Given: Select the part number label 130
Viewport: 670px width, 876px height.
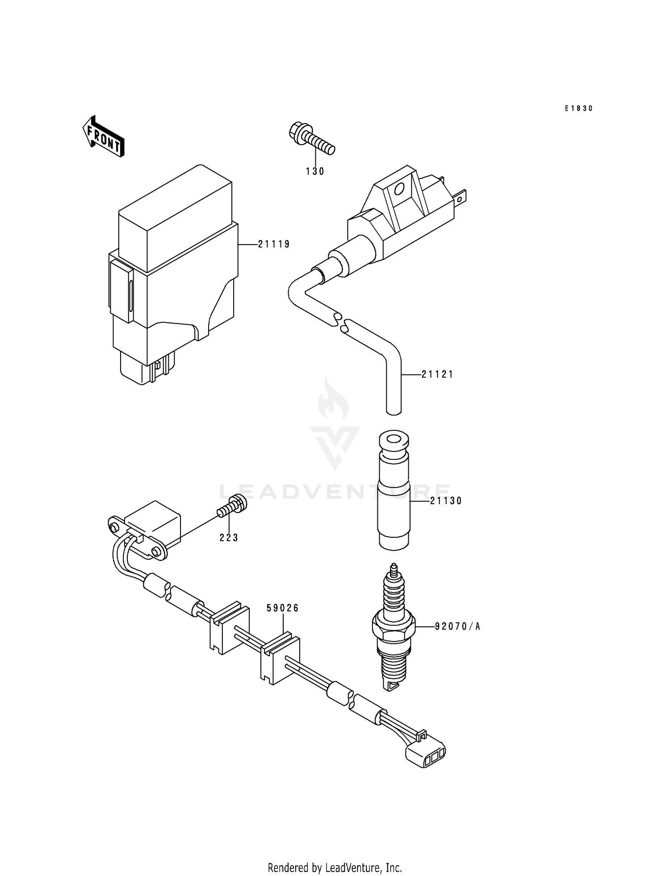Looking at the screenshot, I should tap(315, 171).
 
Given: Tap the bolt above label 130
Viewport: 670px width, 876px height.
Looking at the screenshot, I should tap(311, 139).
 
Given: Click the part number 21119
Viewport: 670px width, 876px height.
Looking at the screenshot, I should tap(274, 244).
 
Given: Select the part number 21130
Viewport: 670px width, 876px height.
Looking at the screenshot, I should tap(446, 501).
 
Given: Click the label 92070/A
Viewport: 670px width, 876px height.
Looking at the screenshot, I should tap(457, 627).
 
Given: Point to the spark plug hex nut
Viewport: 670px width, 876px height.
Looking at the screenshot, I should tap(394, 625).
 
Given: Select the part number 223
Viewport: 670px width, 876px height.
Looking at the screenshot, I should tap(229, 538).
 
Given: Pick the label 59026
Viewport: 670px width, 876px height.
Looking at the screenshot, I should tap(282, 608).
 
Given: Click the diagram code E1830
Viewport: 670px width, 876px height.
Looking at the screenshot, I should tap(578, 108).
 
